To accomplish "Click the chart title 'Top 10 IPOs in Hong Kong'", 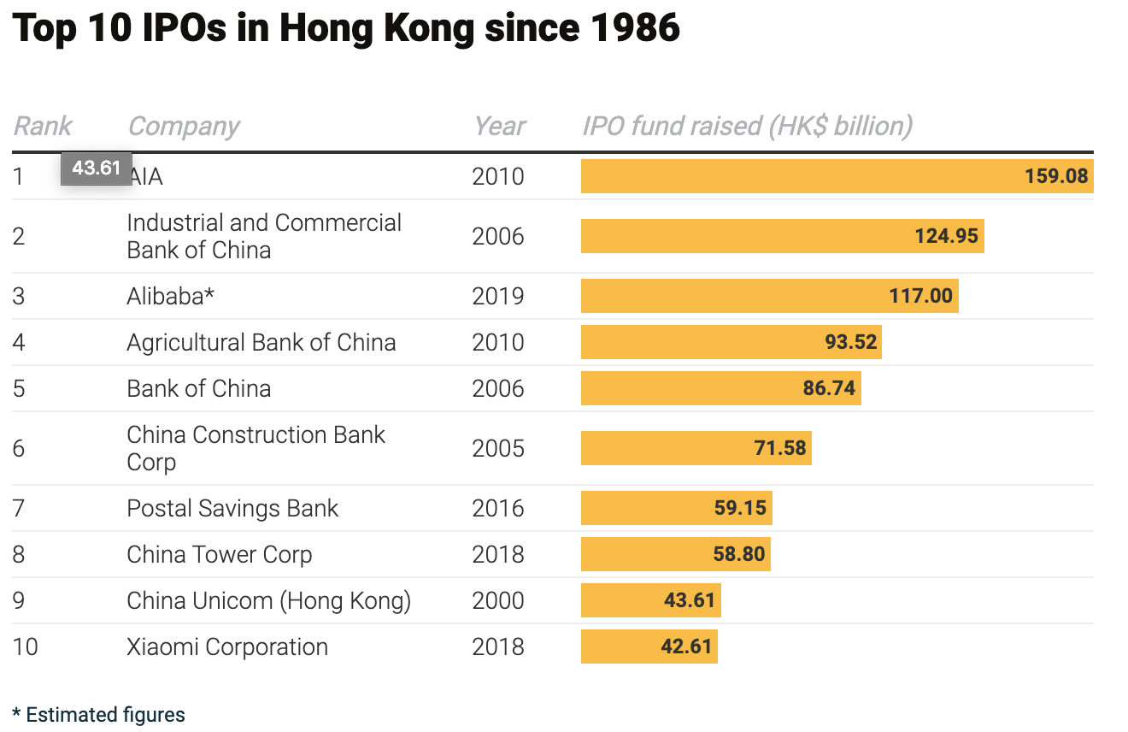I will (346, 29).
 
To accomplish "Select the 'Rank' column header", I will (43, 127).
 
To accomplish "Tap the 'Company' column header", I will (183, 127).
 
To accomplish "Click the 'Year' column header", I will (500, 127).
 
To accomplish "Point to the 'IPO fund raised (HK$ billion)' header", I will (747, 127).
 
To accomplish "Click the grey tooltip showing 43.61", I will (96, 168).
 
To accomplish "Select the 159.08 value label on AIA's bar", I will (1056, 176).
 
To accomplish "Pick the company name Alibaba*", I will (170, 296).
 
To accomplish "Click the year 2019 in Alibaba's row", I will (497, 296).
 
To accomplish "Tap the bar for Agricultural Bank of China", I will (731, 342).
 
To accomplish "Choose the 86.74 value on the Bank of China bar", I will (829, 388).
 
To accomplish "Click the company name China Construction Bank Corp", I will (256, 448).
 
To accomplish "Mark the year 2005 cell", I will (497, 448).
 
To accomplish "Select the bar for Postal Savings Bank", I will (676, 508).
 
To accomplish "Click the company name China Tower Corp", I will (219, 554).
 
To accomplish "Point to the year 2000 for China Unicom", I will (497, 600).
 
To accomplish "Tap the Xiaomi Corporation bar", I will (649, 646).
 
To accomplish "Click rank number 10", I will (26, 646).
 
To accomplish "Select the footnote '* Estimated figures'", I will (99, 715).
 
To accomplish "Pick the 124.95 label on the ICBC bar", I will (946, 236).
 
